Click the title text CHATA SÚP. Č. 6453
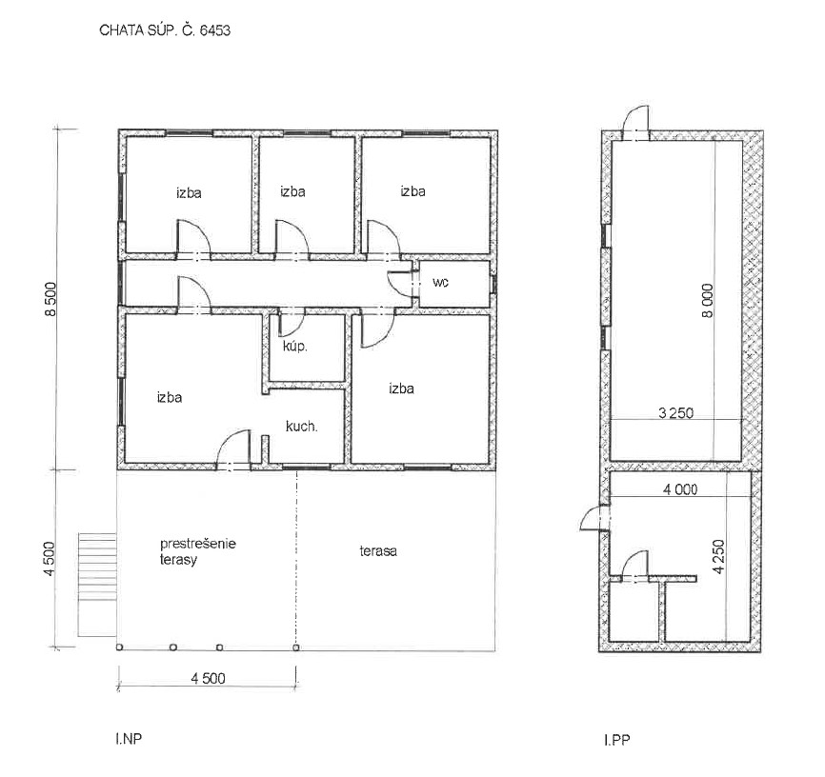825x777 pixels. tap(165, 30)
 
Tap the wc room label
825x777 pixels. tap(440, 283)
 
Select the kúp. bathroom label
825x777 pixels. tap(294, 347)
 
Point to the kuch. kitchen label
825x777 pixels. tap(301, 427)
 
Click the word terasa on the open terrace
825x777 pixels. tap(378, 551)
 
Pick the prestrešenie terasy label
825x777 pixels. tap(198, 551)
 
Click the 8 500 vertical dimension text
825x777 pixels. tap(50, 299)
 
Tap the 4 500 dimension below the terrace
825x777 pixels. tap(208, 678)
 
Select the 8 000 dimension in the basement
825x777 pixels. tap(708, 300)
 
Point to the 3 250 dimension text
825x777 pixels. tap(676, 413)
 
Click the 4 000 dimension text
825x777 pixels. tap(680, 489)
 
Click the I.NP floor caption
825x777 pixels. tap(129, 739)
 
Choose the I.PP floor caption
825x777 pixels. tap(616, 740)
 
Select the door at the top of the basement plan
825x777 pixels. tap(635, 122)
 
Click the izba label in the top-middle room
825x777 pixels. tap(292, 191)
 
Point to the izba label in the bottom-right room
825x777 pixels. tap(401, 388)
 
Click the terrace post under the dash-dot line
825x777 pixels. tap(296, 647)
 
